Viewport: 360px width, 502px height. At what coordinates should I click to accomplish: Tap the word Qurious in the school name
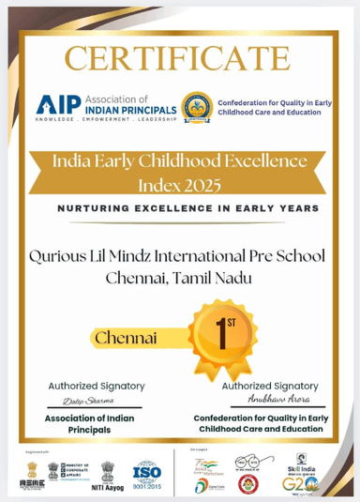58,253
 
